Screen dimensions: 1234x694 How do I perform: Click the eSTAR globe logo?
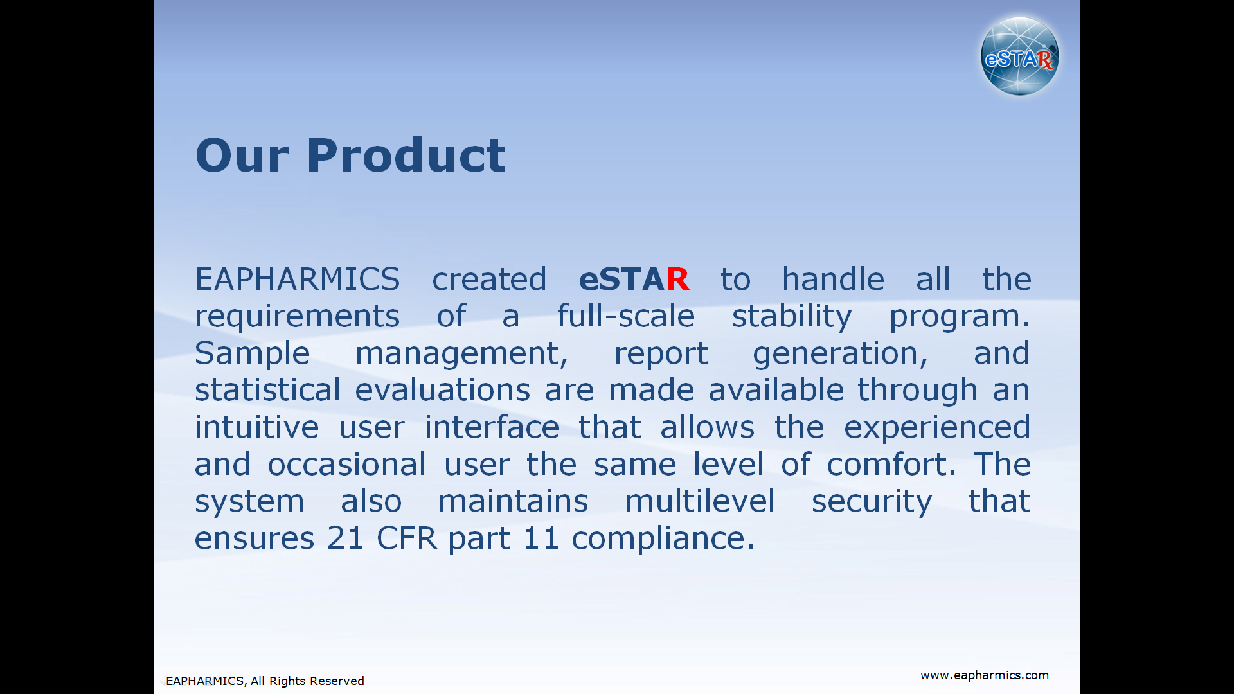tap(1019, 57)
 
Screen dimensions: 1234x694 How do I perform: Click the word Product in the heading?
tap(406, 156)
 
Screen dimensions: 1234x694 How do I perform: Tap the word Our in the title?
tap(242, 156)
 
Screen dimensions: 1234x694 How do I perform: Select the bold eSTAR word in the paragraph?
tap(634, 280)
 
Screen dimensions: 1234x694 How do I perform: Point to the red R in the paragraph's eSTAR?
tap(677, 280)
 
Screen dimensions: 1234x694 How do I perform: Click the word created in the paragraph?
tap(489, 280)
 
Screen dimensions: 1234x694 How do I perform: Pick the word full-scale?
tap(625, 316)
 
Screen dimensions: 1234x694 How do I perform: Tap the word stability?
tap(792, 317)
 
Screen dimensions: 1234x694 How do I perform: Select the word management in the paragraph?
tap(461, 353)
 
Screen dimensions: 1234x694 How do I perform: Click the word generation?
tap(840, 353)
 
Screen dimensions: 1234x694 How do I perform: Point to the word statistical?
tap(267, 390)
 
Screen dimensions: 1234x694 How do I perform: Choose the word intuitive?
tap(256, 427)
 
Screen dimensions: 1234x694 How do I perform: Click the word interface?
tap(492, 427)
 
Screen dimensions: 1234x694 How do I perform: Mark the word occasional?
tap(346, 464)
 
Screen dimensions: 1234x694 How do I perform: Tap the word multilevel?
tap(700, 501)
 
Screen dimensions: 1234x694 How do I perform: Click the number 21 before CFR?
tap(345, 538)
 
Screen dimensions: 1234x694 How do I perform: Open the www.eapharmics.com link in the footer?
tap(984, 675)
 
